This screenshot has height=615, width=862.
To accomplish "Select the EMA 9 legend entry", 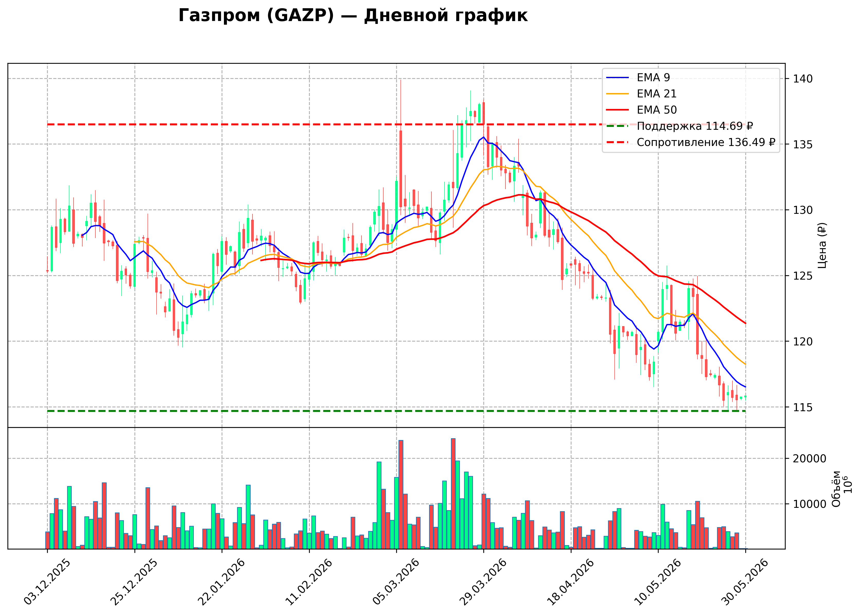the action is pyautogui.click(x=638, y=78).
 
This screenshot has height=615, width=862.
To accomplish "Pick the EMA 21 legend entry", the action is pyautogui.click(x=641, y=94).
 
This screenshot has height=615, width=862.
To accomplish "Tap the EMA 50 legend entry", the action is pyautogui.click(x=641, y=110).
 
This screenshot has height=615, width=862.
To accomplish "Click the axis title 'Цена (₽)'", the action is pyautogui.click(x=822, y=245).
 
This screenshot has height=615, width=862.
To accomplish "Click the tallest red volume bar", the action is pyautogui.click(x=453, y=493).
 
